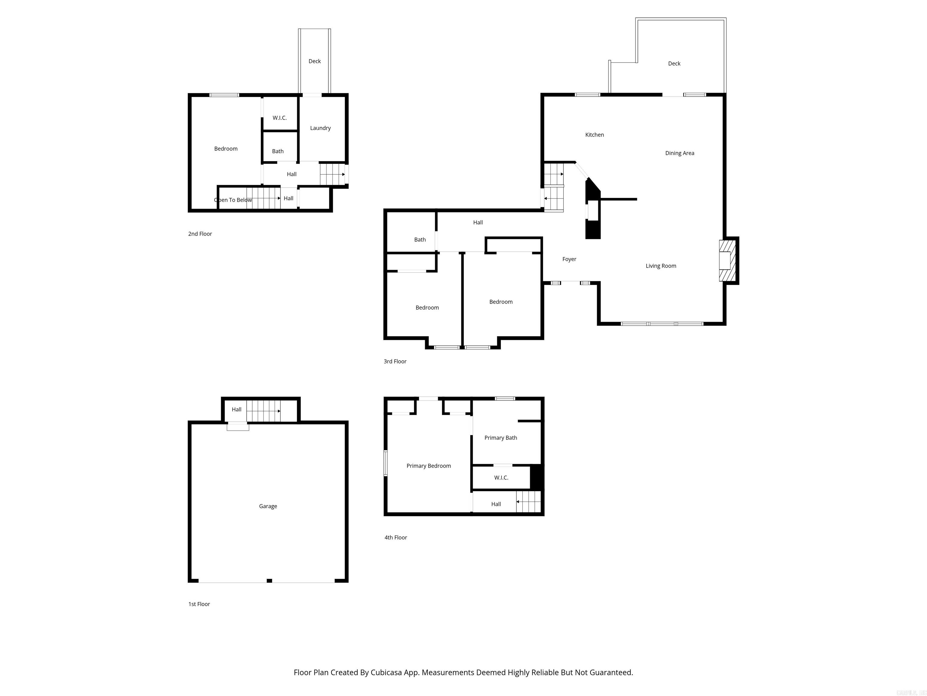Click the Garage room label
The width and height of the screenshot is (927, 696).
[268, 506]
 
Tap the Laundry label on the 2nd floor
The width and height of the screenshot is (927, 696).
[320, 128]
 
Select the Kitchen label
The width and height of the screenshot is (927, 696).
[594, 135]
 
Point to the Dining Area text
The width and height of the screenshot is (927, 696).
[679, 153]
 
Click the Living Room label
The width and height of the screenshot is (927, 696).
[661, 266]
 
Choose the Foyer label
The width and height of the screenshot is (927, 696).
[569, 259]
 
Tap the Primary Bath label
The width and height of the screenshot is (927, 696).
[500, 438]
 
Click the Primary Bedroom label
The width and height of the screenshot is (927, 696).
[428, 466]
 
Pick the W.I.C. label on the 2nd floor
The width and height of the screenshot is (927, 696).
[279, 118]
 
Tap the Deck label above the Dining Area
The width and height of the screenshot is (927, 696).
[674, 64]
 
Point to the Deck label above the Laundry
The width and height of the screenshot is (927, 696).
[314, 61]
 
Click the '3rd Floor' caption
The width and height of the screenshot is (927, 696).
[395, 361]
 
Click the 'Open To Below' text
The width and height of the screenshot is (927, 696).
[233, 200]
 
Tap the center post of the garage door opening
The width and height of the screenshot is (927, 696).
[269, 581]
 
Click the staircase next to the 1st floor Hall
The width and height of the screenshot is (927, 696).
[263, 411]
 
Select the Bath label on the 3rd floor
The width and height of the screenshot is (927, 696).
[419, 240]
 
